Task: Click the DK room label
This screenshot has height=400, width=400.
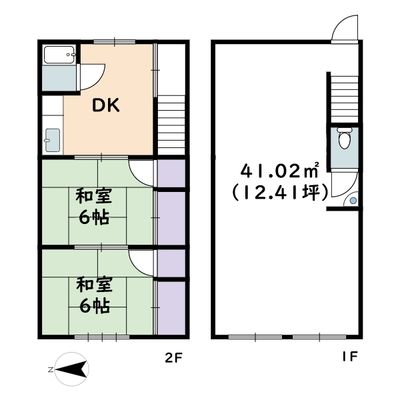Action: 106,106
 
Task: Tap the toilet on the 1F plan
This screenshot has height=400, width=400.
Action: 343,138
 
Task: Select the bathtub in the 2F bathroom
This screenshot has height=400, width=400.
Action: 59,55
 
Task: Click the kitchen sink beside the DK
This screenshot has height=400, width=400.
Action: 52,140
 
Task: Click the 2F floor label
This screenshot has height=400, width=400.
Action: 174,358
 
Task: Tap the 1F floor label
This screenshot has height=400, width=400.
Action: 349,357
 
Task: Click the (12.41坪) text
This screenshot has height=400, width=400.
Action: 280,193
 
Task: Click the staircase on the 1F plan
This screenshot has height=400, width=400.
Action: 345,98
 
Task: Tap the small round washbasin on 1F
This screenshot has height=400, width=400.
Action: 353,201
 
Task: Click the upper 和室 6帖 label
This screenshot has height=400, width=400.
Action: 93,207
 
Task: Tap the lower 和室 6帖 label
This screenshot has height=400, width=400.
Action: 94,295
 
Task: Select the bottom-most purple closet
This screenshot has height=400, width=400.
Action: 171,307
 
